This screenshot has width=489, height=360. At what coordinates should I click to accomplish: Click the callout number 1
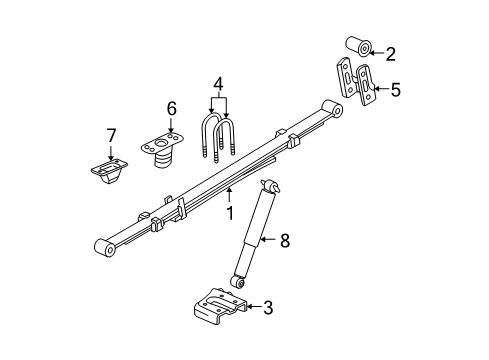229,212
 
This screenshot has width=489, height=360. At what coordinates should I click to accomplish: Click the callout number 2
391,53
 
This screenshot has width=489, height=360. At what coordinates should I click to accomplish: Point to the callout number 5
395,91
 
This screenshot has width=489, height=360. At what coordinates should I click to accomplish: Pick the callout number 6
171,108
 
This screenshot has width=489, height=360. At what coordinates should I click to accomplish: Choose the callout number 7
111,136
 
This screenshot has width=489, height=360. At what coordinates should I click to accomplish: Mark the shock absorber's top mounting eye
268,184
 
